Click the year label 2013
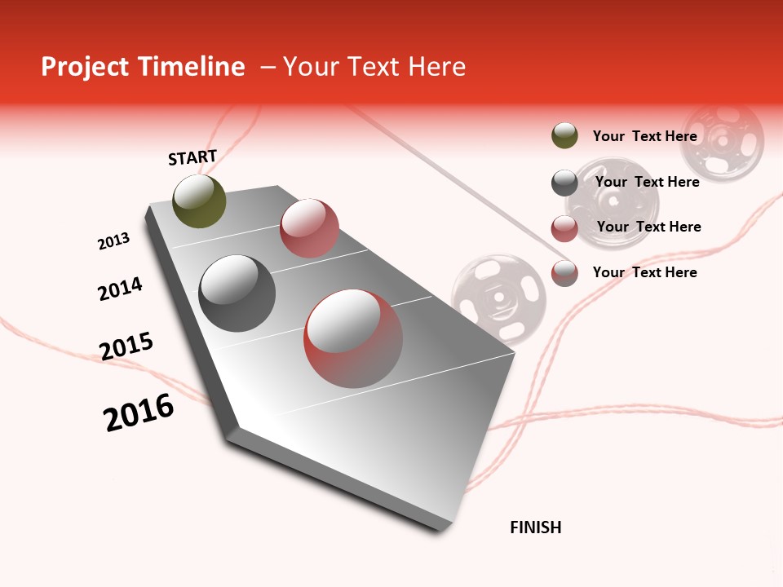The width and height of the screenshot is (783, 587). click(x=113, y=241)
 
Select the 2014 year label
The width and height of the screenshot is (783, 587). click(x=120, y=289)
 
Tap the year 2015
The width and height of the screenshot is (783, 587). click(x=126, y=346)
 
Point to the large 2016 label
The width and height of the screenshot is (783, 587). click(x=139, y=412)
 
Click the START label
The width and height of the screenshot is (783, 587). click(x=192, y=157)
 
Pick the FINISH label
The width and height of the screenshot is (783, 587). click(x=536, y=527)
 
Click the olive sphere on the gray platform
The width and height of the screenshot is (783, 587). click(x=200, y=201)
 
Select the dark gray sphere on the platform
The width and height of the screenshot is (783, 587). click(x=237, y=293)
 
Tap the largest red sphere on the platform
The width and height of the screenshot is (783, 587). click(x=353, y=338)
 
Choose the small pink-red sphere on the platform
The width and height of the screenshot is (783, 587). click(x=309, y=227)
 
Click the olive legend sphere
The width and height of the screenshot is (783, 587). click(x=564, y=136)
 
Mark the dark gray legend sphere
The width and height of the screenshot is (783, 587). click(x=564, y=183)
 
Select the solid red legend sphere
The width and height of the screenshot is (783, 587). click(x=564, y=228)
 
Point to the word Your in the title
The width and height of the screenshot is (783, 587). click(x=310, y=67)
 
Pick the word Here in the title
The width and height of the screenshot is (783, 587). click(x=437, y=67)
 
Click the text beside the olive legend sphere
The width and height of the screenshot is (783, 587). click(x=644, y=136)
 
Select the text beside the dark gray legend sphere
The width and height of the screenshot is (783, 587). click(x=647, y=182)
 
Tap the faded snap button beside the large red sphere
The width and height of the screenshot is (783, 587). click(x=498, y=298)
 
